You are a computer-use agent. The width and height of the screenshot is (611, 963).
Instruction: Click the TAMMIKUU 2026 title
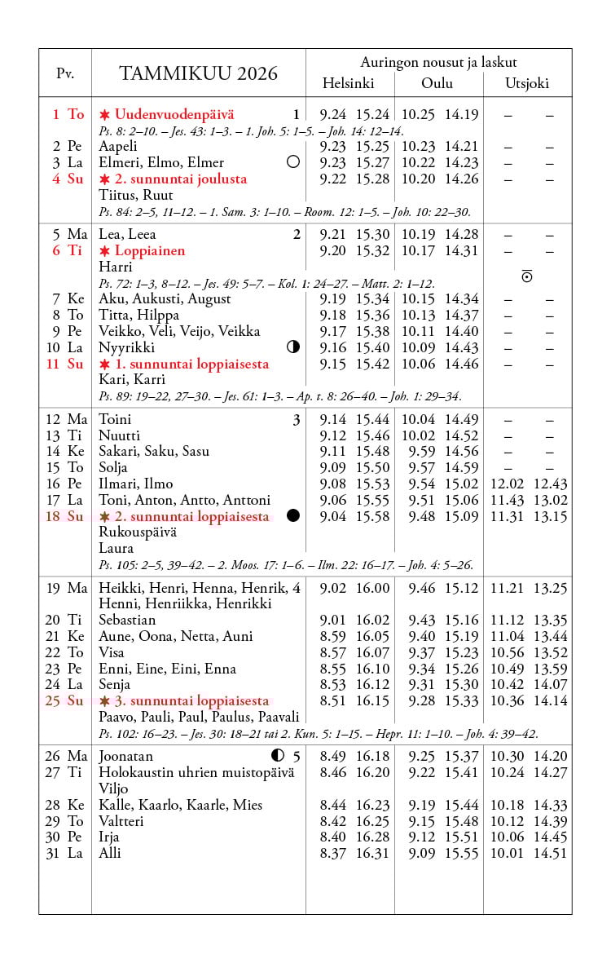click(198, 73)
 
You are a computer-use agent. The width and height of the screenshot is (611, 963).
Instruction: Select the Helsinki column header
click(348, 83)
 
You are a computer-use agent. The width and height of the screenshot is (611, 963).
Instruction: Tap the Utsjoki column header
click(526, 83)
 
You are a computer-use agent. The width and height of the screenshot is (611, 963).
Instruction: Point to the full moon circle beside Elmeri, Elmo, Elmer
click(293, 162)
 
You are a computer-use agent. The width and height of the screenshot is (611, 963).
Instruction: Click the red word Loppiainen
click(149, 251)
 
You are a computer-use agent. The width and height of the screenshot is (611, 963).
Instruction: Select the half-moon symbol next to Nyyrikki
click(293, 347)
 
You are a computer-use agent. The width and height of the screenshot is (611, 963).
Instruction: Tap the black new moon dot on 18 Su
click(293, 516)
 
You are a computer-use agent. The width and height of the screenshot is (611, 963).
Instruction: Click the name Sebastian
click(127, 621)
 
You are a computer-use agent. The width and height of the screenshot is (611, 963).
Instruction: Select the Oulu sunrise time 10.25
click(419, 115)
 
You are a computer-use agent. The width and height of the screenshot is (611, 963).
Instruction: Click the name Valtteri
click(121, 821)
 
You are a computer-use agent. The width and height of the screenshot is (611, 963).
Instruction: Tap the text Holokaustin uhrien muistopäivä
click(196, 772)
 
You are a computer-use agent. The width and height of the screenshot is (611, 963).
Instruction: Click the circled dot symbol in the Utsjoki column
click(527, 277)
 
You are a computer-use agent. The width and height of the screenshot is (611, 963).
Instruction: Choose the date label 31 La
click(64, 854)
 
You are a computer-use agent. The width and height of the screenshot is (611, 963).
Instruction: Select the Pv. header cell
click(65, 73)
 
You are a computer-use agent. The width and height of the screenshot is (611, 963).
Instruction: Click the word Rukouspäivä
click(138, 532)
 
